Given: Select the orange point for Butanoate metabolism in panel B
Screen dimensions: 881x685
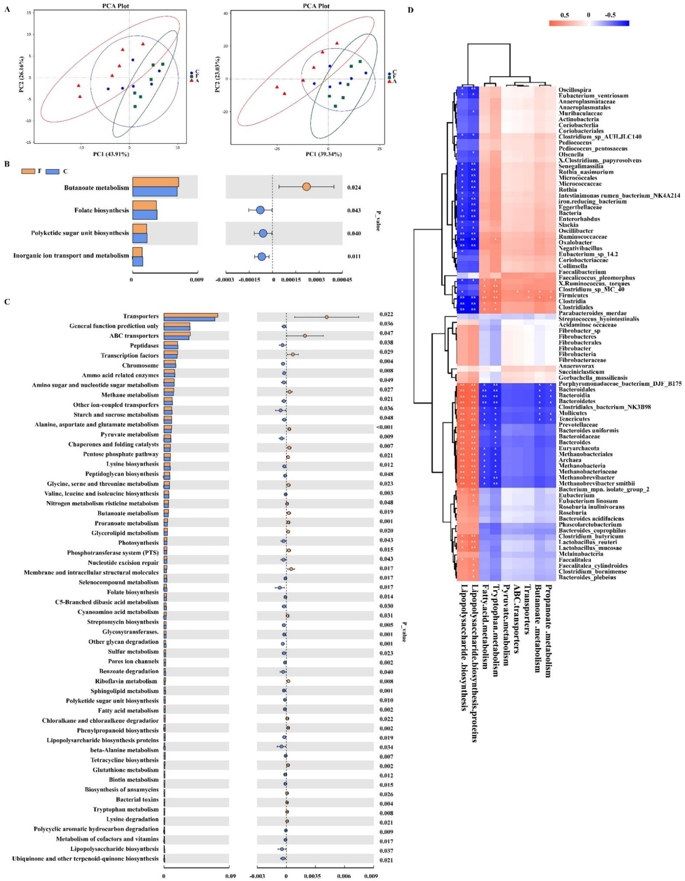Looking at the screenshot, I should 306,187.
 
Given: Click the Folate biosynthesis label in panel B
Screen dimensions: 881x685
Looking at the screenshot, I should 102,210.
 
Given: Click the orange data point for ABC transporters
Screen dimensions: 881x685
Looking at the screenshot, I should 305,336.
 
